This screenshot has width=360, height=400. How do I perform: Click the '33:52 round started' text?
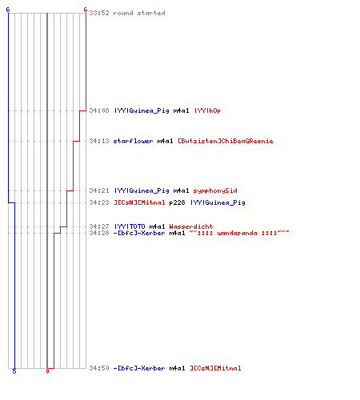[x=127, y=13]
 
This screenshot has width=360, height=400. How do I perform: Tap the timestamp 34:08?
[x=99, y=110]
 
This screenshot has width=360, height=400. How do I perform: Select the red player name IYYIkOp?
[x=208, y=110]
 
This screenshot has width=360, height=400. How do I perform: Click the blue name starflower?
[x=133, y=141]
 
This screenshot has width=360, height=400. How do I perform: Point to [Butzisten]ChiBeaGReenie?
[x=226, y=141]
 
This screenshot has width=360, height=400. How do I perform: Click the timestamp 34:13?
[x=99, y=141]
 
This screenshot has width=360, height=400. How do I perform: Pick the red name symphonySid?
[x=215, y=190]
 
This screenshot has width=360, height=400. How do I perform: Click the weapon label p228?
[x=177, y=202]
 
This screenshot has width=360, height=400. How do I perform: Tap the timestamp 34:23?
[x=99, y=202]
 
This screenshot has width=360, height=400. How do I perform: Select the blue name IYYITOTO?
[x=130, y=226]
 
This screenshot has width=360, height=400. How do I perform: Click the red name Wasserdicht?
[x=191, y=226]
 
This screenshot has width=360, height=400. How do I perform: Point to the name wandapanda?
[x=237, y=233]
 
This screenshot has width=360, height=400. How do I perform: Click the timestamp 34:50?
[x=99, y=368]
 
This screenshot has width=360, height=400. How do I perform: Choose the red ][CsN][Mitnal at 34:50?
[x=215, y=368]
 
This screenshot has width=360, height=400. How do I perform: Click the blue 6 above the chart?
[x=8, y=10]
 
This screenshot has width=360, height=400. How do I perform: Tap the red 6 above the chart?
[x=86, y=10]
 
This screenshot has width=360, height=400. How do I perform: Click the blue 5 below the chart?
[x=14, y=371]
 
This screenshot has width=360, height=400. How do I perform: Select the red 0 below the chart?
[x=47, y=371]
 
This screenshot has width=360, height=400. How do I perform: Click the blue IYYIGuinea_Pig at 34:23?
[x=218, y=202]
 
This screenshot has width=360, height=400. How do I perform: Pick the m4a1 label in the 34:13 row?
[x=165, y=141]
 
